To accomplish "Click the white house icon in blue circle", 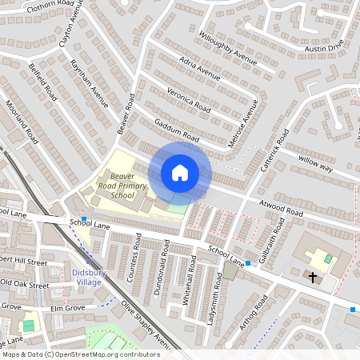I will tap(180, 173).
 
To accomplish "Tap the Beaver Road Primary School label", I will tap(122, 185).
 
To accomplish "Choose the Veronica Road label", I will tap(189, 98).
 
